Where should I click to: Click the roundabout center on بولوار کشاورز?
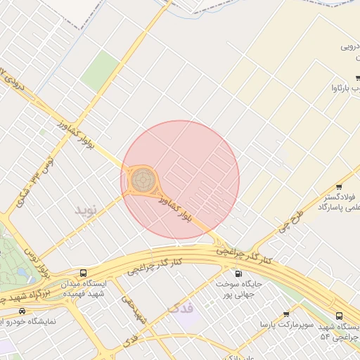pos(141,181)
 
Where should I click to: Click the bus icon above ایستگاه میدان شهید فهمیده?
pos(84,273)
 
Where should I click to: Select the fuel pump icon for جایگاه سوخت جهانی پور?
pos(238,274)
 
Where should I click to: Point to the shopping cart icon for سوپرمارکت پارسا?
pos(286,314)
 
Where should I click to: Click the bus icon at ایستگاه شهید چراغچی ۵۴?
pos(340,316)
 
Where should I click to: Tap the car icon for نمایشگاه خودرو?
pos(22,311)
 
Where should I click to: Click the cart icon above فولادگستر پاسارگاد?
pos(340,187)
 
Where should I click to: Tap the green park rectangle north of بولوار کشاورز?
pos(100,70)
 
